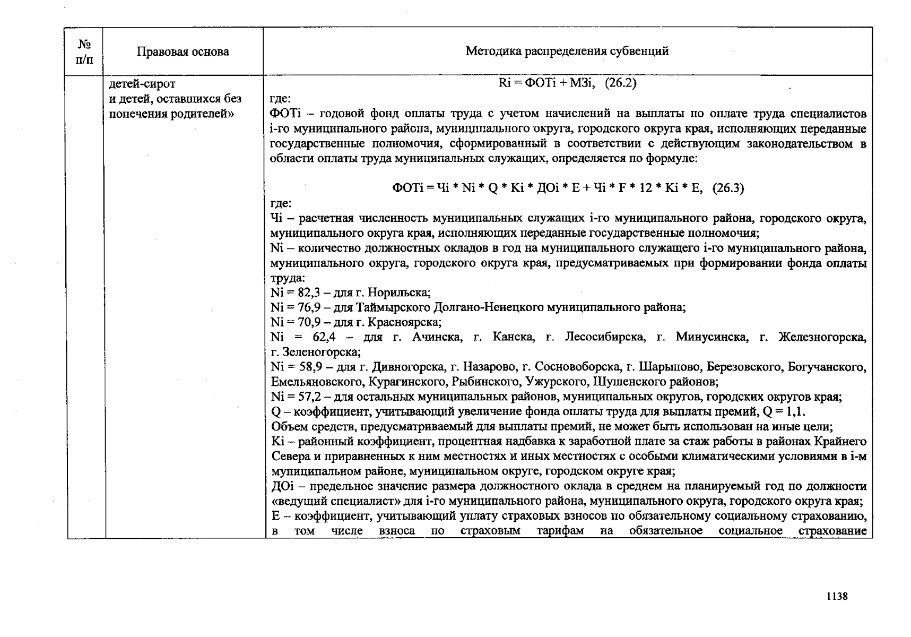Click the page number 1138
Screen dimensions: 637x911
coord(837,596)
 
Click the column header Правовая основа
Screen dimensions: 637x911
coord(183,51)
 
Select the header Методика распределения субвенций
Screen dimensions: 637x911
coord(567,51)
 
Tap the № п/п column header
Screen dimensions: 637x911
coord(84,51)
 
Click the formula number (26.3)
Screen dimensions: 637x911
coord(728,188)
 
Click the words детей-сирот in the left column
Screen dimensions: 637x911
coord(142,84)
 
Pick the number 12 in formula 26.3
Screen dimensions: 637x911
coord(645,188)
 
